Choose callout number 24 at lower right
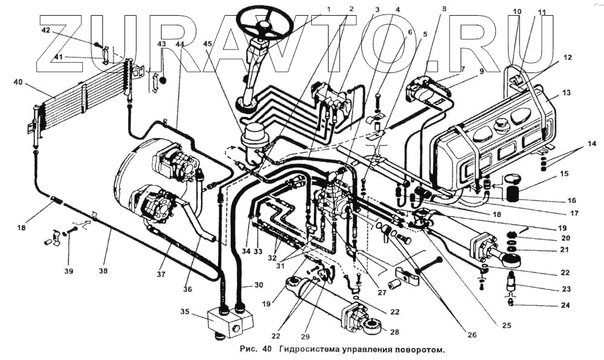[x=564, y=305]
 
